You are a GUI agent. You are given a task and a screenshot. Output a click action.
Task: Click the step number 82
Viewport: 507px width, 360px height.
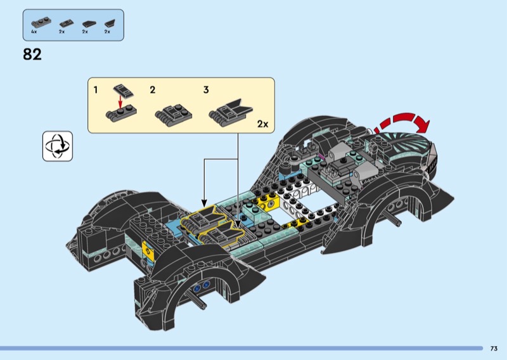(x=32, y=55)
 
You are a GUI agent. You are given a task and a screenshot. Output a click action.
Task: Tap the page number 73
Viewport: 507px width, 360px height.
(x=494, y=349)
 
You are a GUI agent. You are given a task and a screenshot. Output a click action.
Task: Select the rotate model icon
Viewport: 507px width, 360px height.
(x=58, y=146)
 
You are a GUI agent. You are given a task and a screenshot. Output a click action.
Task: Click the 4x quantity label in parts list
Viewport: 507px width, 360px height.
(x=34, y=32)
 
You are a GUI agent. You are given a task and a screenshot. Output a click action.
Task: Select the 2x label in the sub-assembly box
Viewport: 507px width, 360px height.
(x=262, y=124)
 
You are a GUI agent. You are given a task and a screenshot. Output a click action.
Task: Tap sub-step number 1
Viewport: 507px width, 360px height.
(x=96, y=89)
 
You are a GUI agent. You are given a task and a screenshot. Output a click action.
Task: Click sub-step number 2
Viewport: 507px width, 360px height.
(x=153, y=89)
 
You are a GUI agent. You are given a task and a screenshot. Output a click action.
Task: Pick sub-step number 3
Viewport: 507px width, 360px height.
(x=206, y=89)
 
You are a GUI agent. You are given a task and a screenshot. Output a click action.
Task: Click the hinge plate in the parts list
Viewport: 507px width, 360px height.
(x=41, y=23)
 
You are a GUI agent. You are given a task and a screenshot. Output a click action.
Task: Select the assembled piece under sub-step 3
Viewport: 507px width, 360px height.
(x=230, y=112)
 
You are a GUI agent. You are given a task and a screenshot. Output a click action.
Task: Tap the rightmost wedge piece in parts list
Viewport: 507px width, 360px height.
(x=110, y=23)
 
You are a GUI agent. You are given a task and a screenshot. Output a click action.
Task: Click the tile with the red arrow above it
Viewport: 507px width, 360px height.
(x=123, y=91)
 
